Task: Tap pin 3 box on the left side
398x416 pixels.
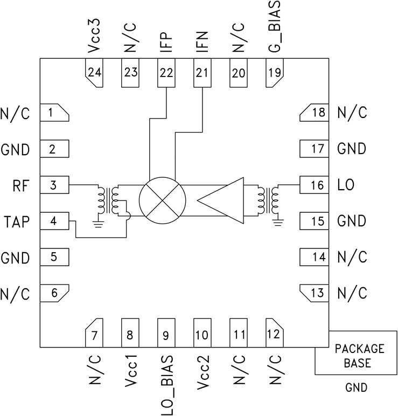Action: [54, 186]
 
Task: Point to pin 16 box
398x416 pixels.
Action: [313, 185]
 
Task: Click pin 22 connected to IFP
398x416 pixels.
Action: [166, 73]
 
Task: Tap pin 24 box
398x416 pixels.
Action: [94, 73]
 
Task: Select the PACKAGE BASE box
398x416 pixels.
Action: [356, 356]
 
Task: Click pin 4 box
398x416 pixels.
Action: [54, 221]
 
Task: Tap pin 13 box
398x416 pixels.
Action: [313, 293]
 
